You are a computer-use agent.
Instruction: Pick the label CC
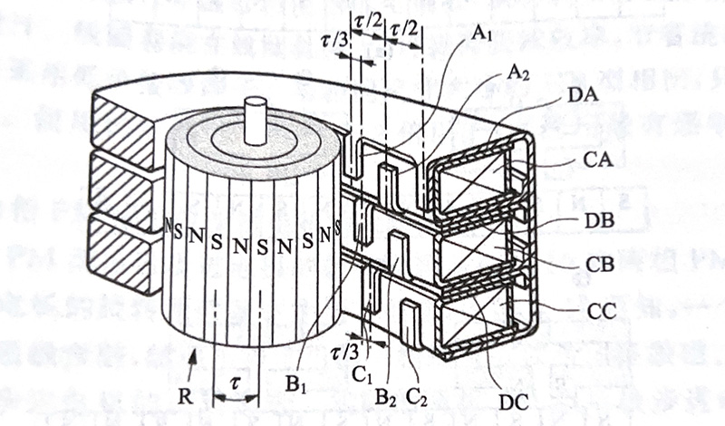599,310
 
